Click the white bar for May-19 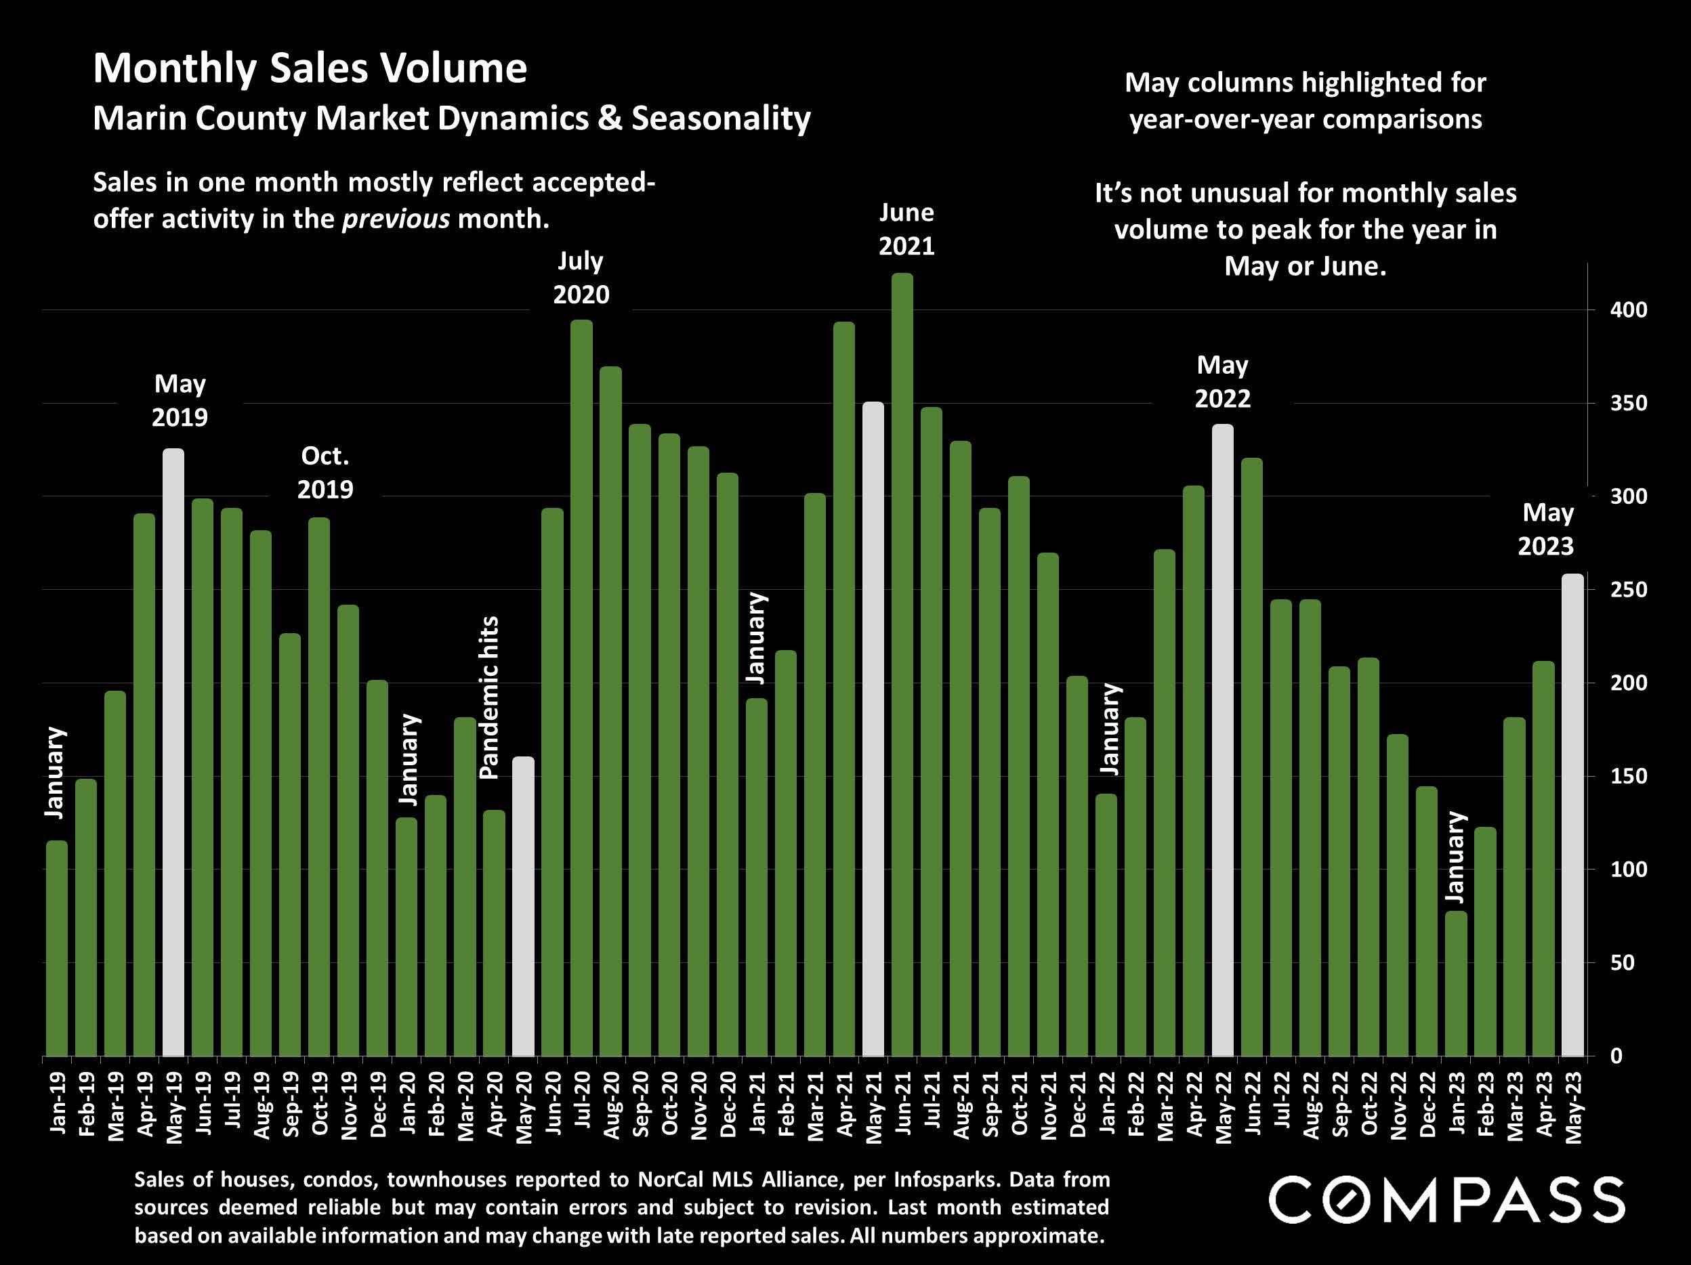(x=173, y=753)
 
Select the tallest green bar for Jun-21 (x=902, y=665)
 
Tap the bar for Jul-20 (x=582, y=688)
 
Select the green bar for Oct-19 (x=319, y=788)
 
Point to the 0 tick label (x=1617, y=1056)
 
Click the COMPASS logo (x=1446, y=1200)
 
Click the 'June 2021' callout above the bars (x=906, y=230)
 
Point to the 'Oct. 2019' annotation (x=326, y=473)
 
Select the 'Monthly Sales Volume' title (x=310, y=69)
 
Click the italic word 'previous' (x=395, y=219)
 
